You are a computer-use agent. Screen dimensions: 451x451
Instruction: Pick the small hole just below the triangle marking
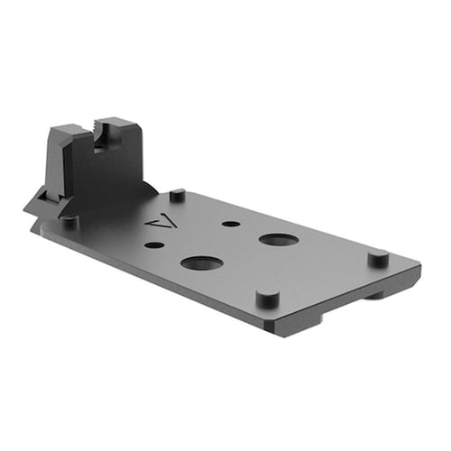point(154,244)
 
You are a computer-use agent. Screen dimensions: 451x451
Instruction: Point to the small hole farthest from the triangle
point(231,224)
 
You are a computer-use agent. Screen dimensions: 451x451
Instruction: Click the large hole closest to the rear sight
point(201,263)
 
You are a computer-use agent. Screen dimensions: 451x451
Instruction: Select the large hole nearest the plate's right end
point(280,240)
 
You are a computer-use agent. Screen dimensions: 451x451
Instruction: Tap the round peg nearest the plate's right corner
point(378,258)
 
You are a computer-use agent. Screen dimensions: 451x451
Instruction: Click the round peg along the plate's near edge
point(267,299)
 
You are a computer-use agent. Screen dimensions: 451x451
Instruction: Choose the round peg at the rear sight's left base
point(69,220)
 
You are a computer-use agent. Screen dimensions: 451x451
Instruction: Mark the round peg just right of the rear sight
point(178,194)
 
